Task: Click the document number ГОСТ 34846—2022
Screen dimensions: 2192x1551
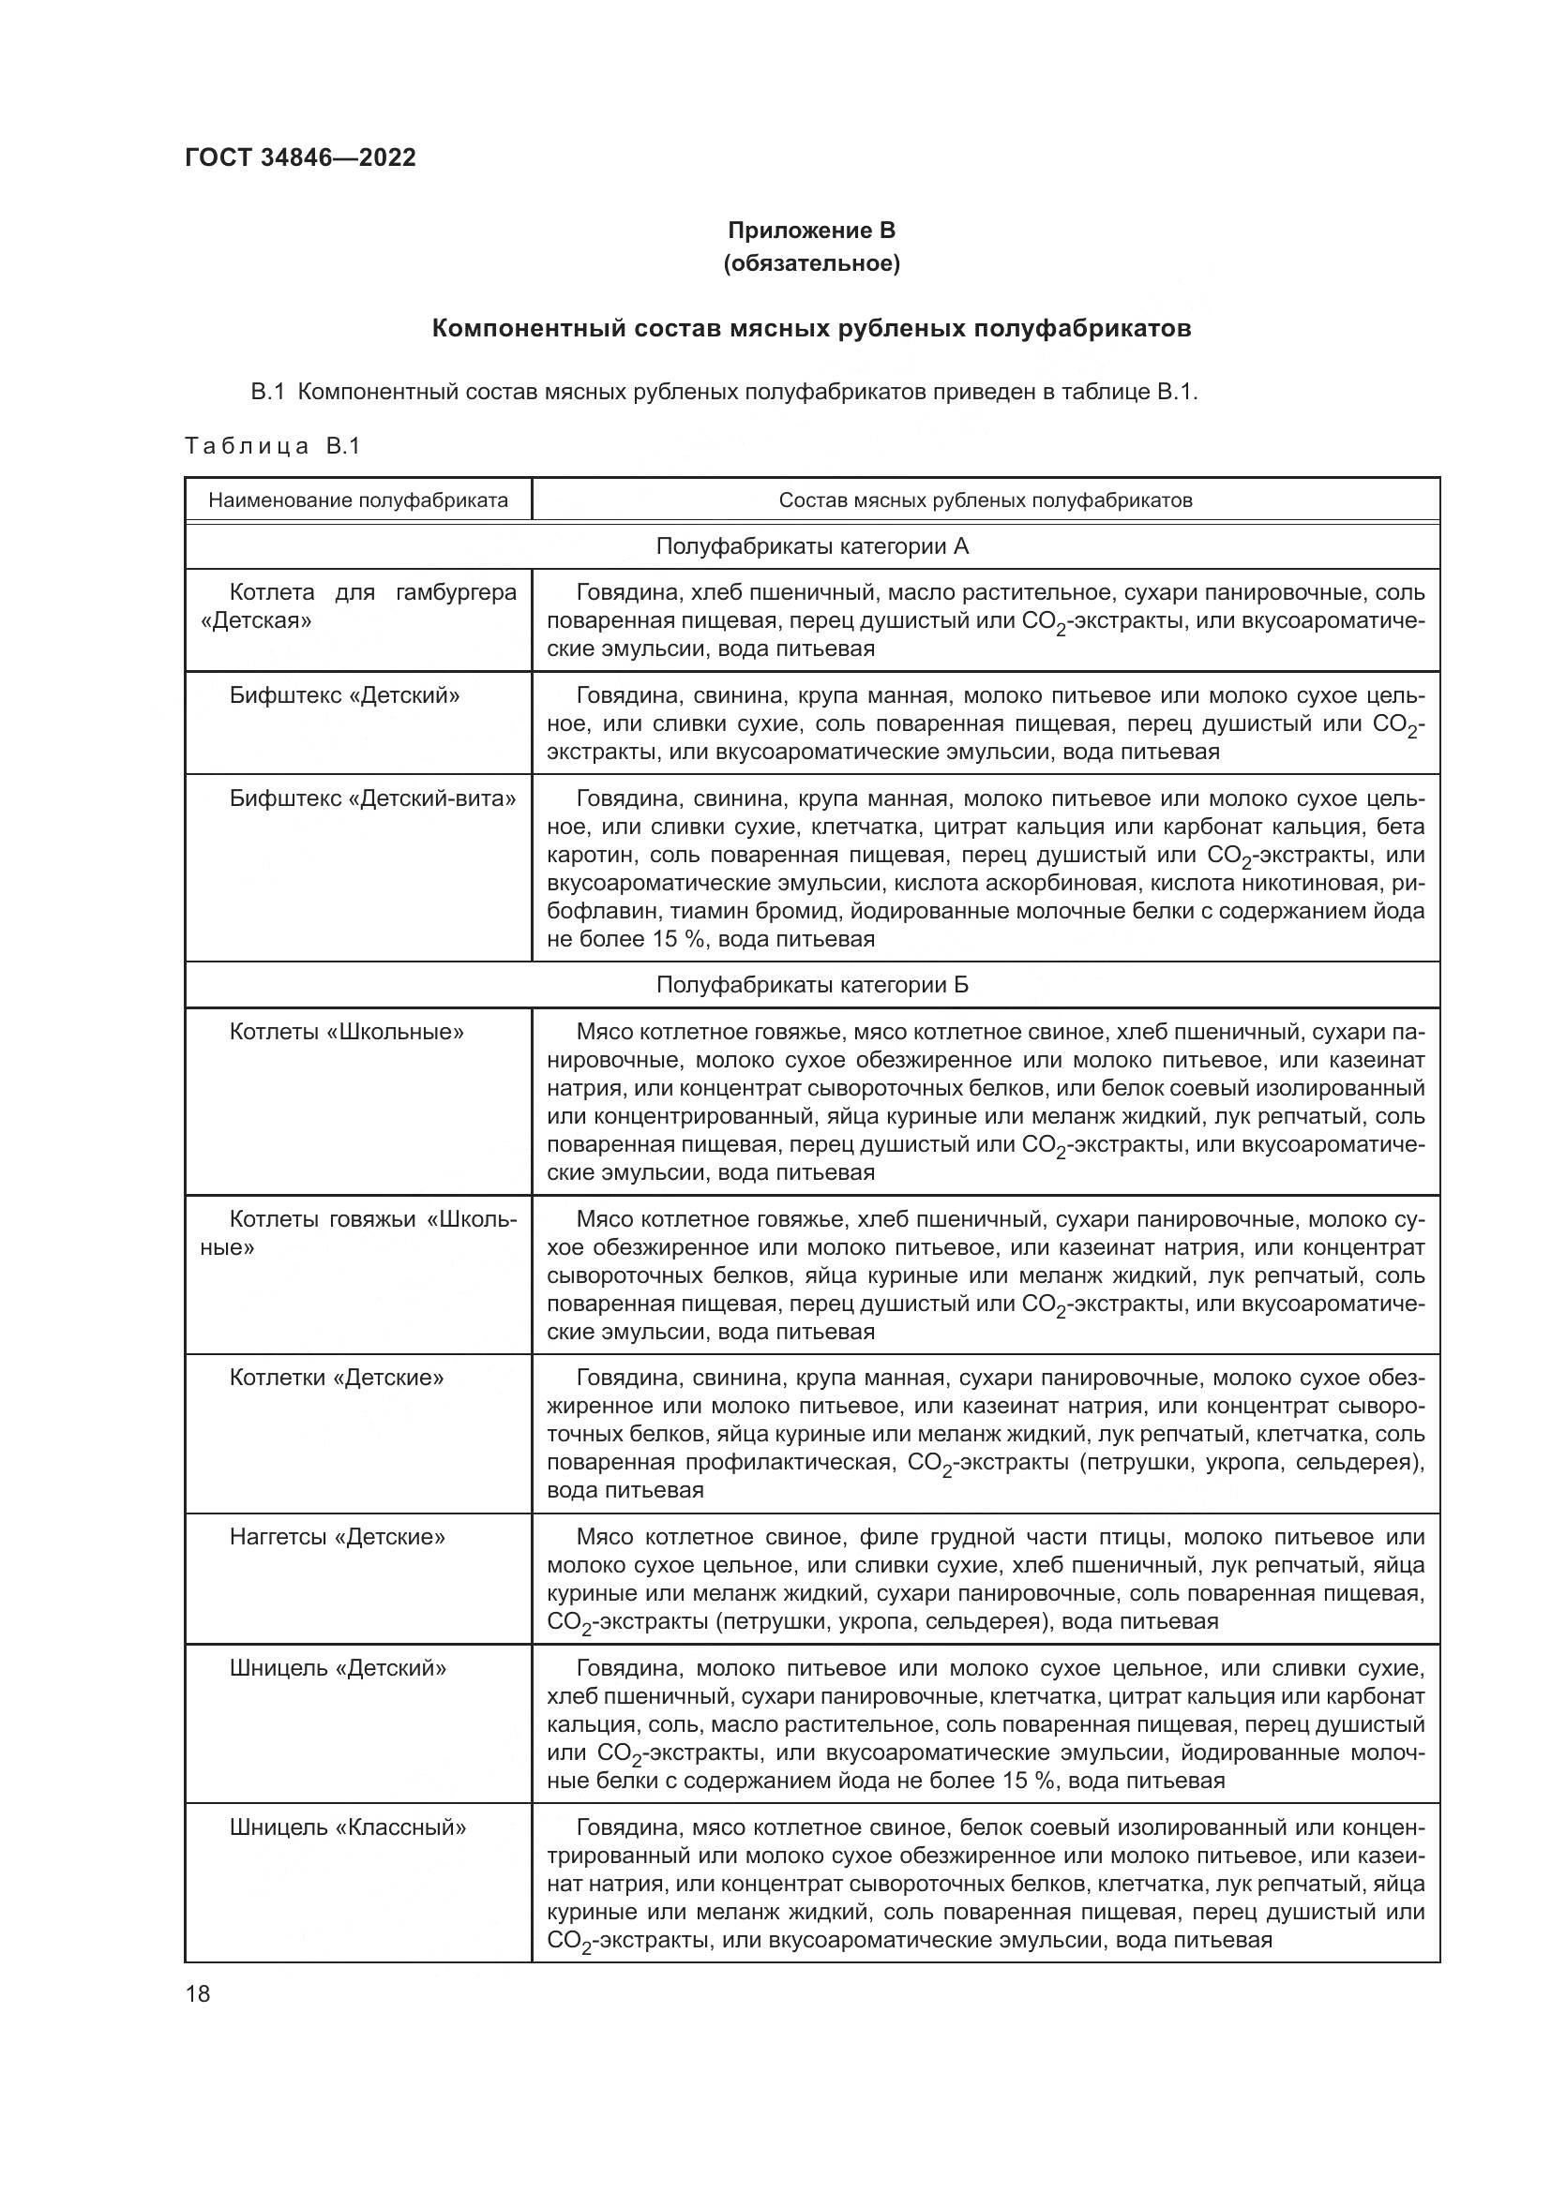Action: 300,157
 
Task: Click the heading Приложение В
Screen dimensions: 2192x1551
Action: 811,231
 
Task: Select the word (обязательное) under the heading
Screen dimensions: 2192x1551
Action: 811,262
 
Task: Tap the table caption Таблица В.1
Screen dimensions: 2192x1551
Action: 272,446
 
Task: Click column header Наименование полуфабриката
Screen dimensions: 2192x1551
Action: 358,500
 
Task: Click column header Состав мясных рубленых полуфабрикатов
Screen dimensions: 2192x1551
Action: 985,500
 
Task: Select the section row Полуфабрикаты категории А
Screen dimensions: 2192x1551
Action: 812,546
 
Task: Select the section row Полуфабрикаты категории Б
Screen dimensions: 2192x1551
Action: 812,984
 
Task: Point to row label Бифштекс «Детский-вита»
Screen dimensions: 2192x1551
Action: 372,798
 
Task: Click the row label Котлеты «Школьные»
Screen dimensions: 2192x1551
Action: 347,1031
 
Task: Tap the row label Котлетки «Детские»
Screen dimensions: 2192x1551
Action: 337,1378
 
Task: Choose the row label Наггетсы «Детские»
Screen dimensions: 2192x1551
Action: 338,1537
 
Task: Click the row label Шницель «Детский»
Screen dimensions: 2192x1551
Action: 339,1668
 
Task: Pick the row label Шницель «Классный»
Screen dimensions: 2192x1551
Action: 348,1827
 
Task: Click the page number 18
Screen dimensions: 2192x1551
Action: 198,1993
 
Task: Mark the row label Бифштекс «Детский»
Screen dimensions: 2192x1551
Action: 344,695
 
